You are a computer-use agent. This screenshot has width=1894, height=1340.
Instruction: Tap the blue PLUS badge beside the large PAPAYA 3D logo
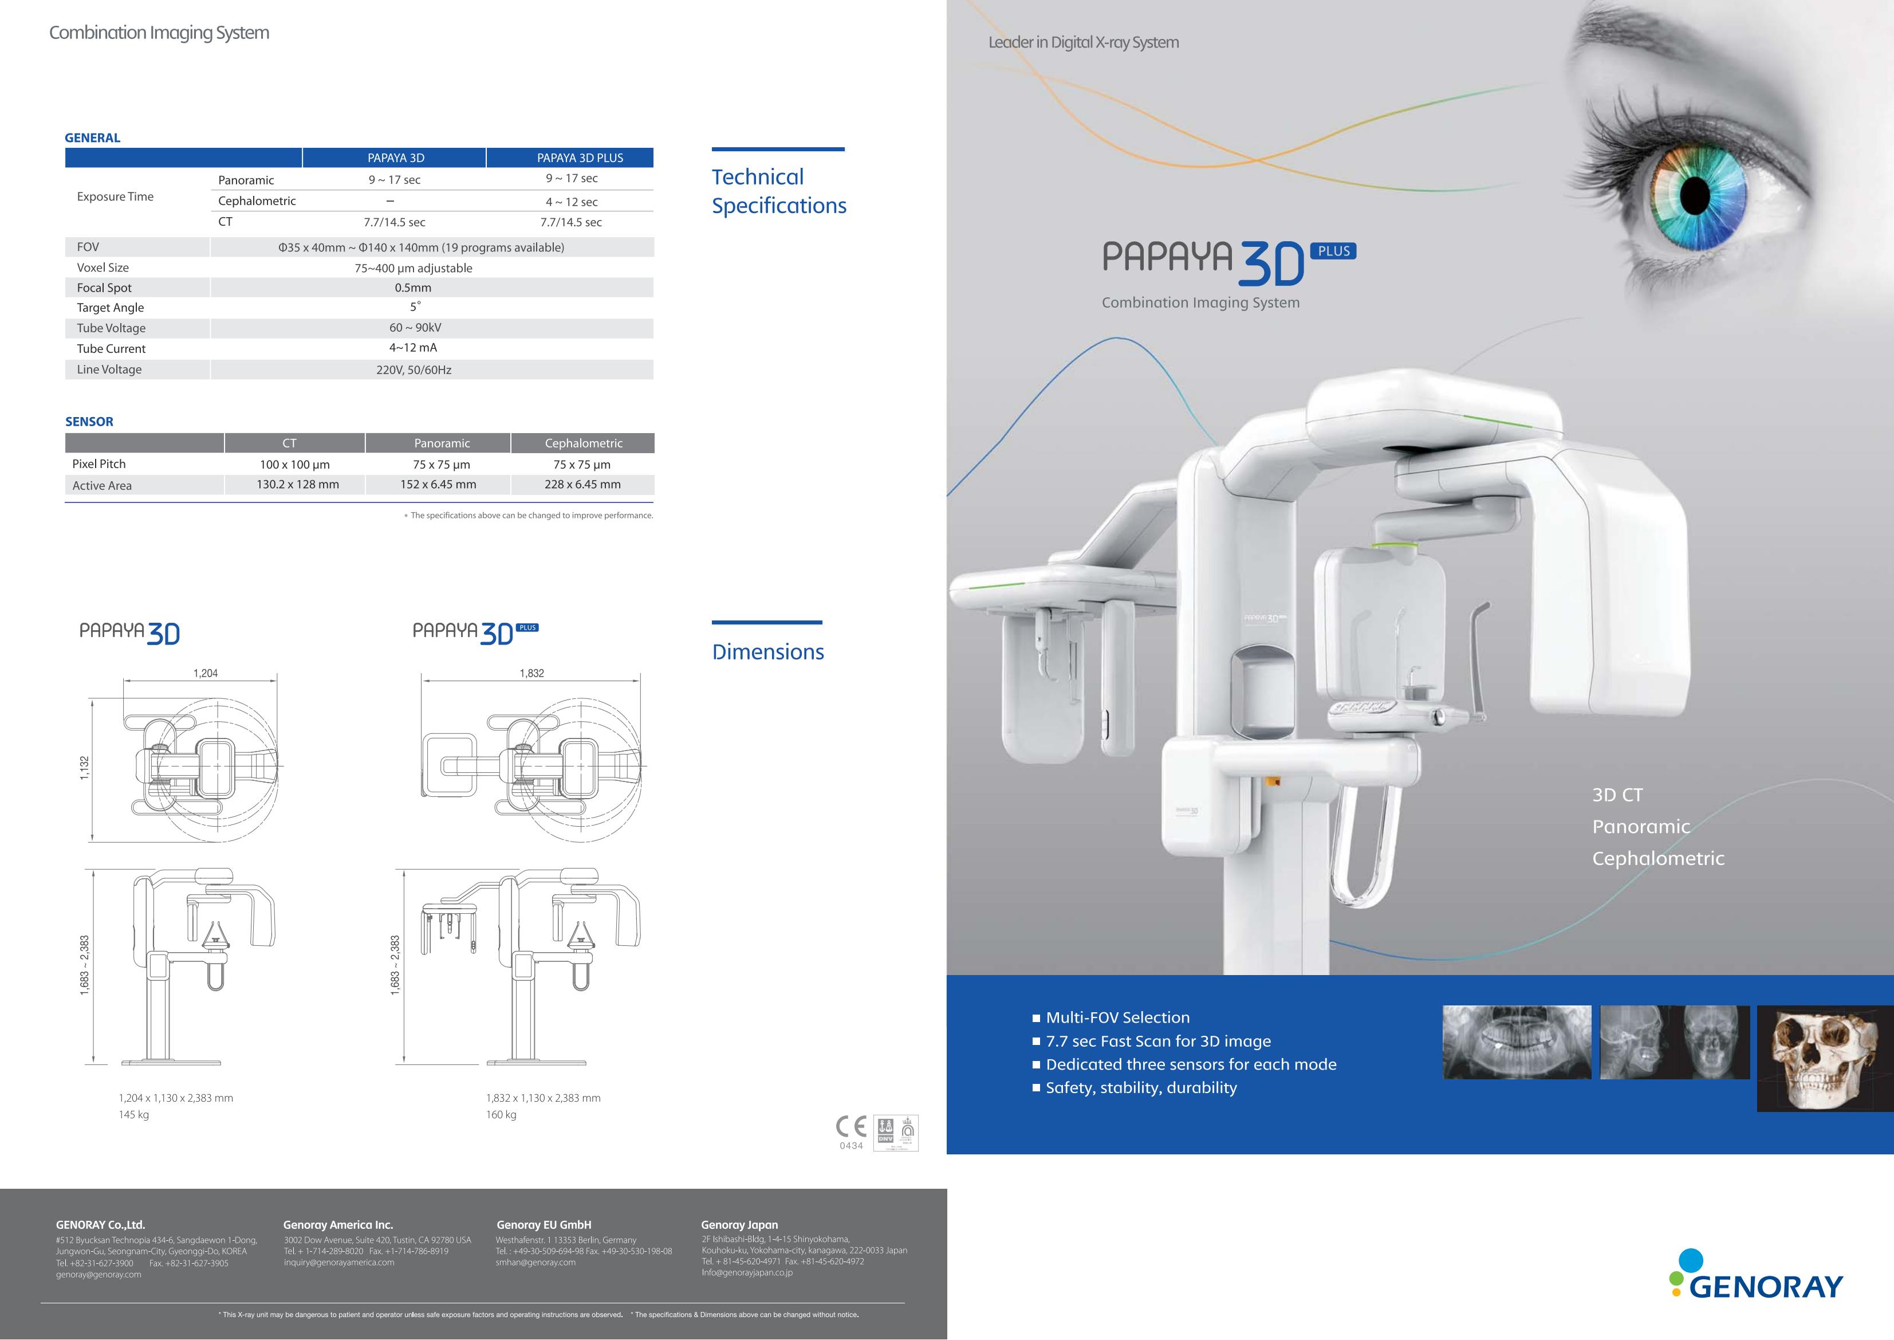click(1334, 251)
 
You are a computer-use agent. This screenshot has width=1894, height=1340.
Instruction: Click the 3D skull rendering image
click(1825, 1059)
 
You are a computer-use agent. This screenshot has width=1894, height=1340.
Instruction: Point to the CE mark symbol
click(851, 1126)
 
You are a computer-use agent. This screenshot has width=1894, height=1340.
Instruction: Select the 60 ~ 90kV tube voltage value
click(415, 328)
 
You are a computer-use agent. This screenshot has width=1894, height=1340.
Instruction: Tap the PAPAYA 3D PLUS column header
click(580, 158)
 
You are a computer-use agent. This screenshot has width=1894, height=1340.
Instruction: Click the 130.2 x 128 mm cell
click(298, 484)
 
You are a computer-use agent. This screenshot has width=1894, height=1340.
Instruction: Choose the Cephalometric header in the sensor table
click(583, 443)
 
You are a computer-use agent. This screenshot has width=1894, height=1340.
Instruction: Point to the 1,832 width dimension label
click(531, 673)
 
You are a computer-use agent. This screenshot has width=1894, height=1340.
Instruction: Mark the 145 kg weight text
click(133, 1115)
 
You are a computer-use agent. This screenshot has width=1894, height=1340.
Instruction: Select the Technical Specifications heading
click(779, 191)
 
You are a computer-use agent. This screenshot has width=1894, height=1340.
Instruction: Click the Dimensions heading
click(767, 652)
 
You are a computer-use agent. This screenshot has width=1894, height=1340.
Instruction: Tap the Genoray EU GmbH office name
click(544, 1224)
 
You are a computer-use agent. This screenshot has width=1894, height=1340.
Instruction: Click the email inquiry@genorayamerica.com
click(339, 1263)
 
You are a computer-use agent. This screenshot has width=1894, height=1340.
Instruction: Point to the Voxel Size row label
click(103, 268)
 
